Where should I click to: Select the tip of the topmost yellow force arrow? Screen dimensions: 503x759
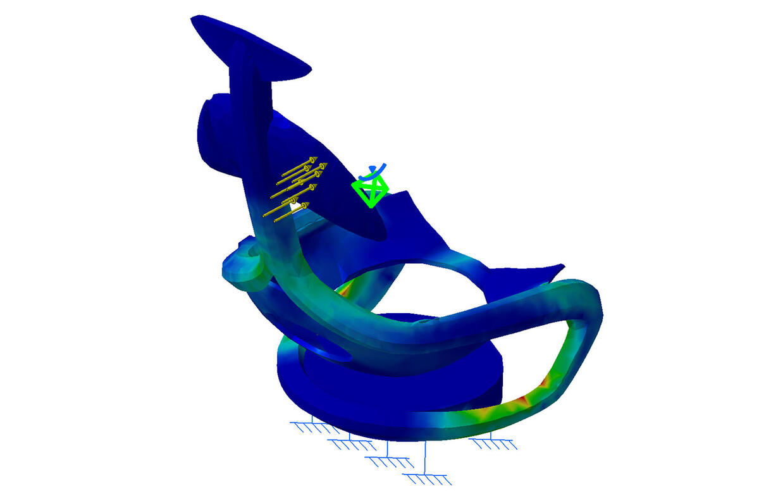coord(314,158)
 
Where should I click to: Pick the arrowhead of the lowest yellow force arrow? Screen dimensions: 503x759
coord(305,206)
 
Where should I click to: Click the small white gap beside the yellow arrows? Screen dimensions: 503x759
coord(294,206)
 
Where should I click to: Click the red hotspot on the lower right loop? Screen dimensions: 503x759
coord(522,400)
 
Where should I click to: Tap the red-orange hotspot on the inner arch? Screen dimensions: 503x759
coord(345,287)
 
